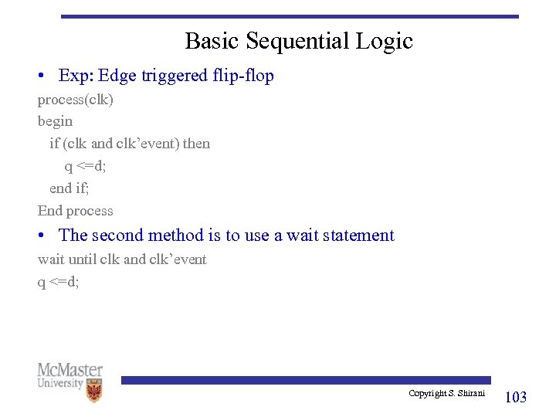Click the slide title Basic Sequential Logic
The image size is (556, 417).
pos(299,41)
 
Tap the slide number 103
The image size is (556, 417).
pos(515,397)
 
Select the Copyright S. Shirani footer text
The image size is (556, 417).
pos(446,394)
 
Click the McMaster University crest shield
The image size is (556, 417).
pos(95,390)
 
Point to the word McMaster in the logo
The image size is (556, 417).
pos(69,371)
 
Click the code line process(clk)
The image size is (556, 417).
pos(75,100)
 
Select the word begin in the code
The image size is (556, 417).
pos(55,121)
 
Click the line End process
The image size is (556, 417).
pos(75,211)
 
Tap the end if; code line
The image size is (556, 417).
pos(69,188)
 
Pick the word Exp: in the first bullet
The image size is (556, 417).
pos(75,76)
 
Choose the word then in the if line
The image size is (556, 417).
pos(196,144)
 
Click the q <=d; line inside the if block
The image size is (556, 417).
pos(85,166)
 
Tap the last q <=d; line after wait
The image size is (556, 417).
pos(58,282)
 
